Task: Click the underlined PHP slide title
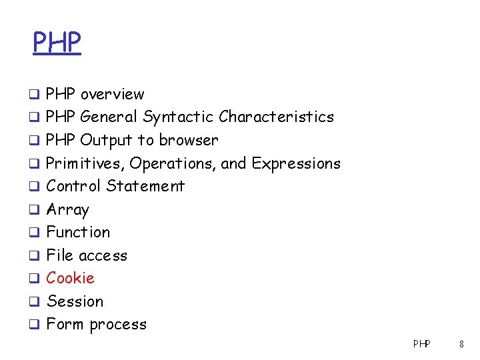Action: tap(57, 43)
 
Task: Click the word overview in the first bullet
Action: tap(112, 94)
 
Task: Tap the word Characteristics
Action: tap(276, 117)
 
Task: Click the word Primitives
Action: tap(85, 163)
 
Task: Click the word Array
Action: tap(67, 210)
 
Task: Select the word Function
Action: tap(78, 232)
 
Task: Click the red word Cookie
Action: tap(70, 278)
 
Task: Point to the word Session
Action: tap(75, 301)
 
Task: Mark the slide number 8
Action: tap(461, 344)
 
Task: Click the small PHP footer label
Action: tap(421, 344)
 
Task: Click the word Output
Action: tap(107, 140)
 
